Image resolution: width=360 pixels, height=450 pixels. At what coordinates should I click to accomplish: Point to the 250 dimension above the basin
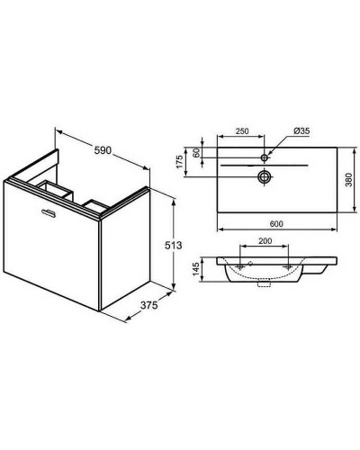(242, 130)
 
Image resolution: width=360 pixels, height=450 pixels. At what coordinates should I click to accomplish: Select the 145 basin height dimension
(196, 267)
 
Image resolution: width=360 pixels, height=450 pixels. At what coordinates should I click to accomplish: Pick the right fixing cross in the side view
(289, 267)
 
